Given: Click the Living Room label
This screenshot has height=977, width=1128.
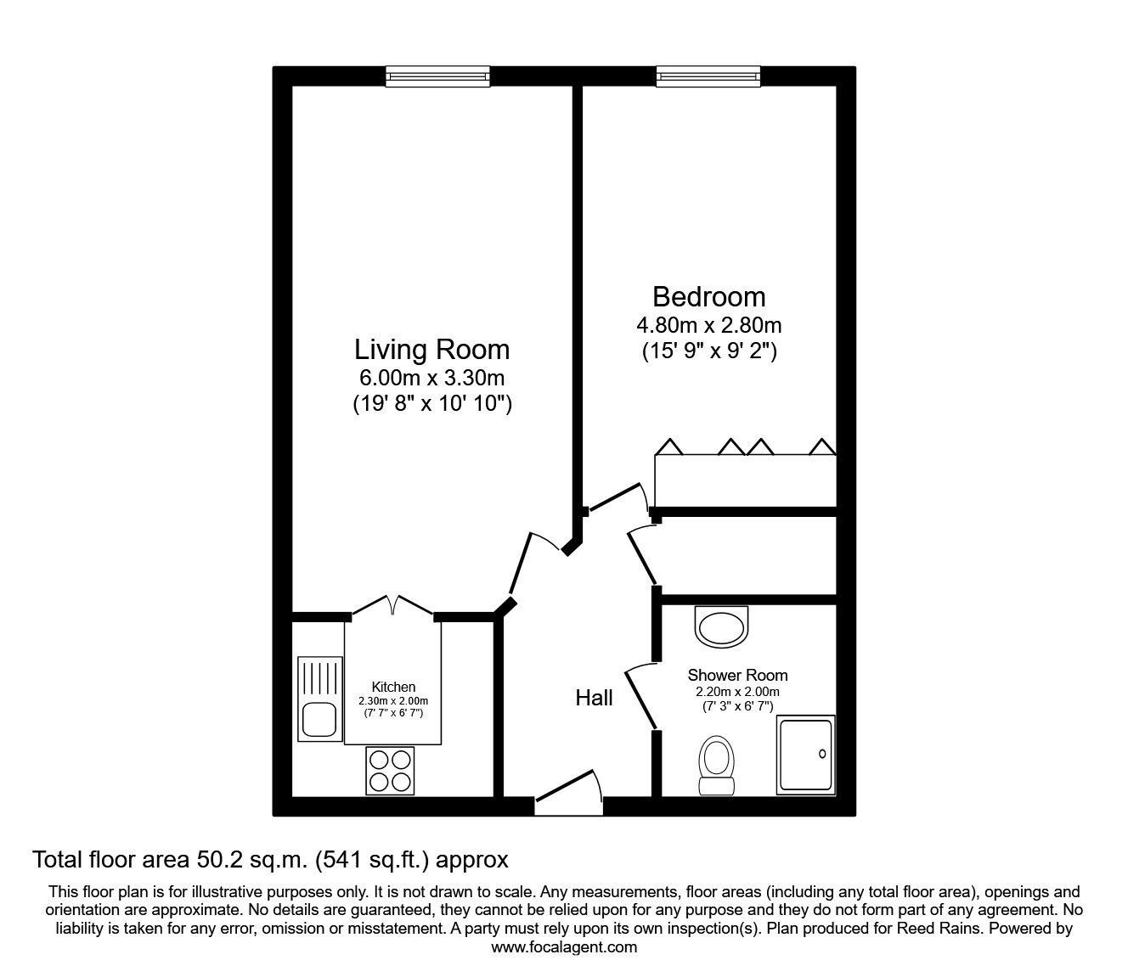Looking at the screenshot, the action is coord(431,350).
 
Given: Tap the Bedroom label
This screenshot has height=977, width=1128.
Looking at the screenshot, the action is coord(709,297).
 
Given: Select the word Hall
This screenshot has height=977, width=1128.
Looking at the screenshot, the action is coord(594,698).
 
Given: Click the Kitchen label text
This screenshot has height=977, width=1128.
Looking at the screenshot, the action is coord(393,687).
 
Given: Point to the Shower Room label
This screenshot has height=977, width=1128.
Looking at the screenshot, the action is coord(737,676).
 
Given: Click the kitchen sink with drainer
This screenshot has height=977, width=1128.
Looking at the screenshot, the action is coord(319,699).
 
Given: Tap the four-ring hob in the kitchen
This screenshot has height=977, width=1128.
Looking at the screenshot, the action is coord(390,771).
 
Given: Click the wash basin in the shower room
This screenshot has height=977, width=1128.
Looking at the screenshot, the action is coord(721,627).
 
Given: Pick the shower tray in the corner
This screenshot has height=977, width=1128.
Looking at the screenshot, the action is coord(806,755).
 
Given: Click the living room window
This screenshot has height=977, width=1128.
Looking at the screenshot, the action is coord(437,76).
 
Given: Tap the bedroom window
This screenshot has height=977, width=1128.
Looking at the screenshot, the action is coord(708,76).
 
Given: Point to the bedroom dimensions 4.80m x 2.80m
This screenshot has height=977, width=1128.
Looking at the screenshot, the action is coord(709,326).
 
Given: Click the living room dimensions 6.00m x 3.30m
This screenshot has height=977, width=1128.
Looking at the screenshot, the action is coord(431,378).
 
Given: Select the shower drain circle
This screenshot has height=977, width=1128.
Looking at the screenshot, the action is coord(822,754).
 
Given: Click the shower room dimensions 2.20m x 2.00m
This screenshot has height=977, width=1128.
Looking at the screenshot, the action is coord(737,693).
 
